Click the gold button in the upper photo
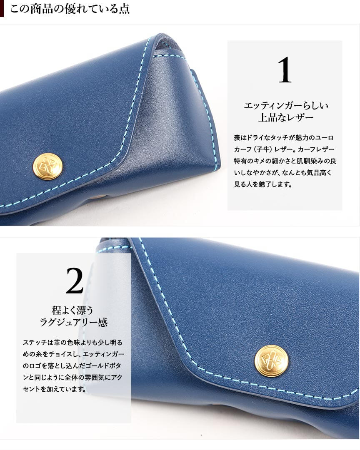tap(47, 166)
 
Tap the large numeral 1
tap(285, 70)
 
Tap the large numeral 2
tap(75, 281)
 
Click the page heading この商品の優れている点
tap(70, 9)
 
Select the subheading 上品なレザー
tap(285, 118)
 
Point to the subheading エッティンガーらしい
tap(286, 106)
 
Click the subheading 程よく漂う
tap(72, 310)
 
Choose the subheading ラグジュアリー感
tap(74, 322)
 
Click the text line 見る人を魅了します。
tap(263, 184)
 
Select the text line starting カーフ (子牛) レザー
tap(284, 149)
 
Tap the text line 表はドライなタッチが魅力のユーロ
tap(284, 138)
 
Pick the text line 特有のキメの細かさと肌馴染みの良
tap(285, 161)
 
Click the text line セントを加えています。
tap(55, 389)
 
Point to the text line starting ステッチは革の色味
tap(72, 342)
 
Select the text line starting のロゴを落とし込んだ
tap(72, 366)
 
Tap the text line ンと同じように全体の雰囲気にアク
tap(72, 378)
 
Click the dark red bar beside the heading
tap(2, 9)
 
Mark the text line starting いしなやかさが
tap(283, 172)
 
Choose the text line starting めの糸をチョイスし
tap(73, 354)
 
